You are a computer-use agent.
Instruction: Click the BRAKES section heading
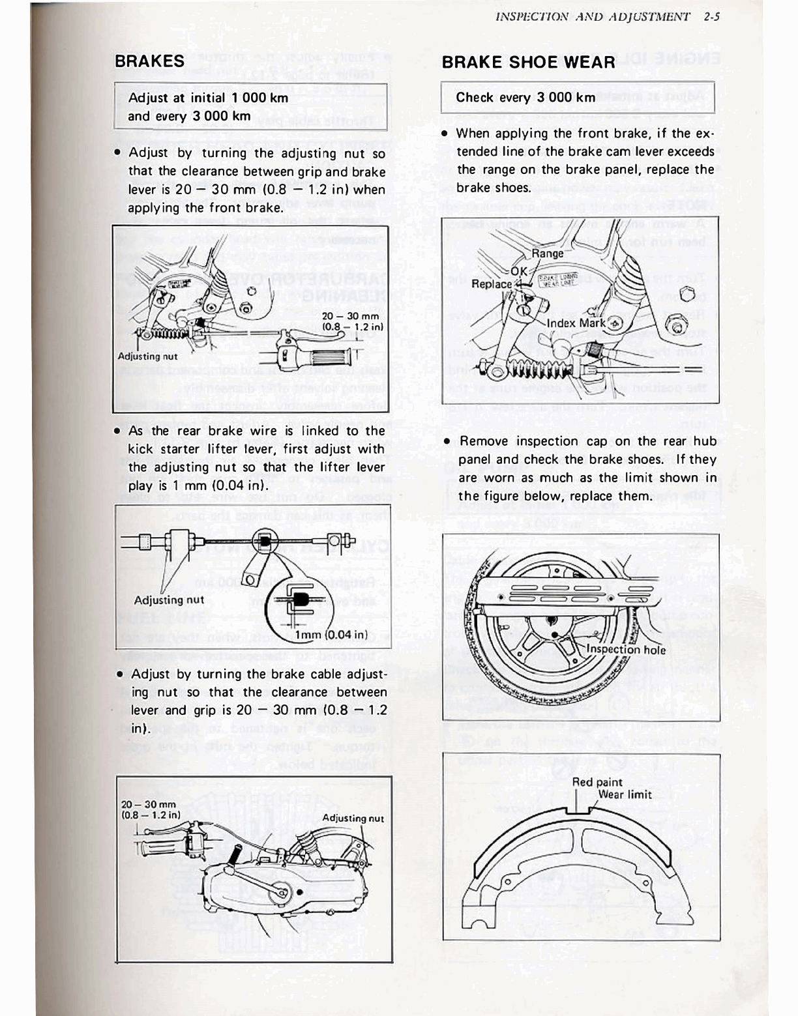coord(149,61)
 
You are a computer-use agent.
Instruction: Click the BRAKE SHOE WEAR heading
coord(528,63)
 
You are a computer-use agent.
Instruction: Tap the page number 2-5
coord(711,18)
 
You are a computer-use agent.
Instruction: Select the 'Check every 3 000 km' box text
coord(525,98)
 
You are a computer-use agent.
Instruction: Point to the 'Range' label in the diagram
coord(547,254)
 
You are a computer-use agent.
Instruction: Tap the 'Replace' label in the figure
coord(492,284)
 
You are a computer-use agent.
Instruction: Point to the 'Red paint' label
coord(597,782)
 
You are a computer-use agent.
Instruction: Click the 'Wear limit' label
coord(625,794)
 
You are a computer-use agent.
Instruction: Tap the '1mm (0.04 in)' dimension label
coord(332,635)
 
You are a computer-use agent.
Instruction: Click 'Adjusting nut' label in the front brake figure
coord(147,356)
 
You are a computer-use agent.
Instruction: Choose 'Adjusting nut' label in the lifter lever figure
coord(169,600)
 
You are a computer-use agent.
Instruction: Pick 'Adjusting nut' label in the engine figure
coord(353,819)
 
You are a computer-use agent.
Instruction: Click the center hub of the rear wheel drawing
coord(553,635)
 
